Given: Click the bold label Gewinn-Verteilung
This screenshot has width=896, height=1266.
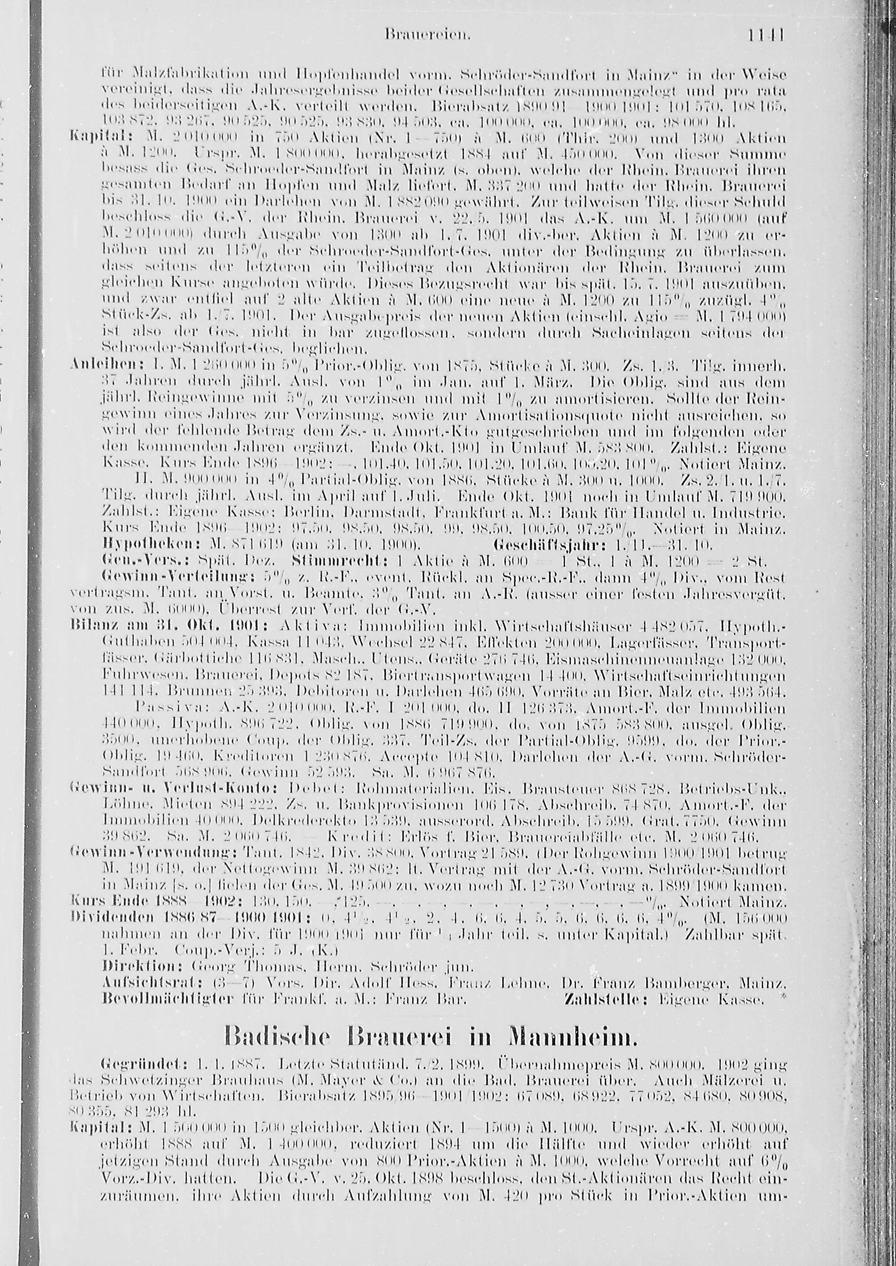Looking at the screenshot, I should click(x=152, y=577).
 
